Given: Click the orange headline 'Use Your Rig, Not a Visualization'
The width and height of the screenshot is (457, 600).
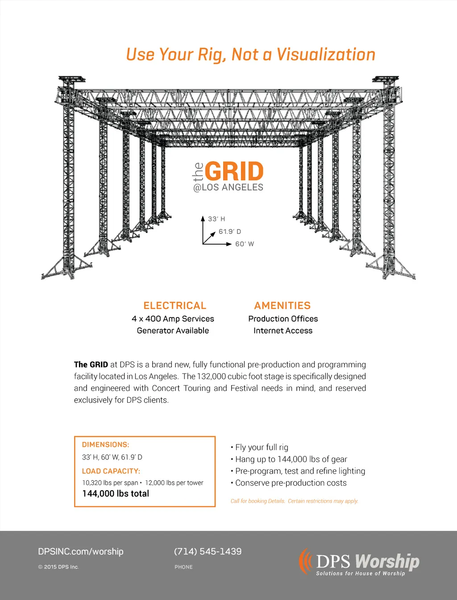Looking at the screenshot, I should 250,54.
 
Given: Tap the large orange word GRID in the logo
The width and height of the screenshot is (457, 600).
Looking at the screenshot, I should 234,172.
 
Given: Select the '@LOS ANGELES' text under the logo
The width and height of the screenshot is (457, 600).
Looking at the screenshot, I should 228,187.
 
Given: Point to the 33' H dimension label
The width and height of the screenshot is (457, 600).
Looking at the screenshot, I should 216,219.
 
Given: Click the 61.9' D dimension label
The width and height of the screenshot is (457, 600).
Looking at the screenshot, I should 229,231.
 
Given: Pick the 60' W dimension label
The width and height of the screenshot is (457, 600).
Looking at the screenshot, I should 245,244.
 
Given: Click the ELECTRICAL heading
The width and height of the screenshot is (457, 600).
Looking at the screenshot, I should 175,306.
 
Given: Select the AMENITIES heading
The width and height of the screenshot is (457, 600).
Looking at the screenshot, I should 283,306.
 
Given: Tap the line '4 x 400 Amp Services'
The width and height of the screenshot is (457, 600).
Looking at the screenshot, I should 173,319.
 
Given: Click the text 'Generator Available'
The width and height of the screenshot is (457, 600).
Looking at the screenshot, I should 173,331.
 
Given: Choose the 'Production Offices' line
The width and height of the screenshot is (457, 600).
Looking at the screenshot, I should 283,319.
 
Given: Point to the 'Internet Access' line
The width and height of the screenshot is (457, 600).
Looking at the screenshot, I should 283,331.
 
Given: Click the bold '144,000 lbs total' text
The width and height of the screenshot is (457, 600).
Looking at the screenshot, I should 116,494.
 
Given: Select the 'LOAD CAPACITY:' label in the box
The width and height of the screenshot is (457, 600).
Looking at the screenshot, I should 111,471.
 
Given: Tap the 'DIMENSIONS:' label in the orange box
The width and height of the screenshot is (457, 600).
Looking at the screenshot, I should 106,445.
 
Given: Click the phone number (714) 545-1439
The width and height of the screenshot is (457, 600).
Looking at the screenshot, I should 208,551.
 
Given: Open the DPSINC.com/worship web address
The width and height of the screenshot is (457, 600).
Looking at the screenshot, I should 81,551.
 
